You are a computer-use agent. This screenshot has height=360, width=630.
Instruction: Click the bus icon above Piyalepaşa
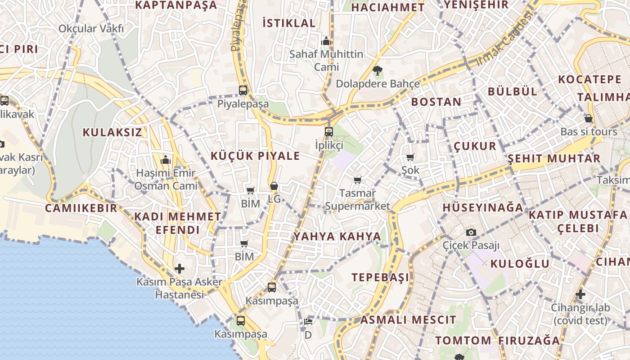pos(243,90)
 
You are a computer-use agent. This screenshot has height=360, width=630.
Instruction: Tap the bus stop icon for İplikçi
pos(329,132)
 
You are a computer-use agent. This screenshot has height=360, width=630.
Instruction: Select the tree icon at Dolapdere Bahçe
pos(377,70)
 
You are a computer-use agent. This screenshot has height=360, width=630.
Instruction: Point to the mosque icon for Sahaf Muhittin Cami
pos(326,41)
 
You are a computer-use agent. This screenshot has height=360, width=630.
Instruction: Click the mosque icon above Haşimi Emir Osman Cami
pos(166,160)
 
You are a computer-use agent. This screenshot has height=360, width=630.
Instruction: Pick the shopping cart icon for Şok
pos(410,157)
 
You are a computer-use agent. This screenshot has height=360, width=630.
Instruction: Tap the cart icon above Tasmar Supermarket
pos(357,180)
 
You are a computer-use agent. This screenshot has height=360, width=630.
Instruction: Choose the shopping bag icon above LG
pos(274,186)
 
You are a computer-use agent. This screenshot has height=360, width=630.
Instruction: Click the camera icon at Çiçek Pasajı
pos(471,232)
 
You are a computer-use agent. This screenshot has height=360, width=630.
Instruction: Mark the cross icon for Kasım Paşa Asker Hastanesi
pos(180,269)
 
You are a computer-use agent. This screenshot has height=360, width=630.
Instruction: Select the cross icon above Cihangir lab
pos(580,295)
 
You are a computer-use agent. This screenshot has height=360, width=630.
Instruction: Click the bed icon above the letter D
pos(308,322)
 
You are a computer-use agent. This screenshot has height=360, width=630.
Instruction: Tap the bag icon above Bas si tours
pos(589,118)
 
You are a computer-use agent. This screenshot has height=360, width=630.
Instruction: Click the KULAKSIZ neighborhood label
pos(112,132)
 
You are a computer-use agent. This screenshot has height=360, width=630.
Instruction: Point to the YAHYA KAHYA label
pos(337,237)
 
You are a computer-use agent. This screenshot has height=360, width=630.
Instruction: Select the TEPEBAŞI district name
pos(380,277)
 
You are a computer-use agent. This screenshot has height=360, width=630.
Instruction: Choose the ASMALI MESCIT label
pos(408,320)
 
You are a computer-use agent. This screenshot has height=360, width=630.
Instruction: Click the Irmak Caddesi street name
pos(504,38)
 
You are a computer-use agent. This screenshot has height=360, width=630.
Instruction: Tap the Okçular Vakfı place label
pos(91,29)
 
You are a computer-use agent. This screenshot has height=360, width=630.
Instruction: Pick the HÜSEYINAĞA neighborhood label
pos(483,207)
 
